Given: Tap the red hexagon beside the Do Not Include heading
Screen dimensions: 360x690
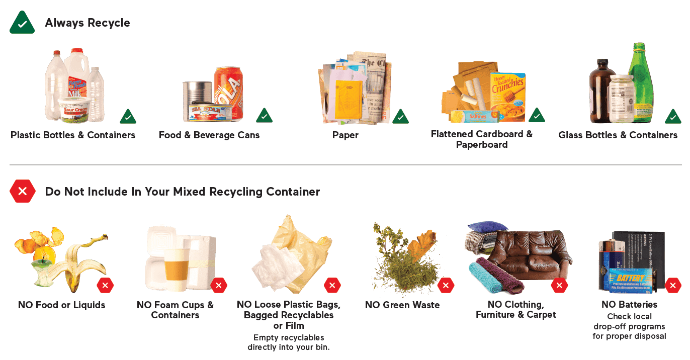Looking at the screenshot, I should [22, 191].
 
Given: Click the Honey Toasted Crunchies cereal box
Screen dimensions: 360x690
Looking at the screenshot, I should [507, 96].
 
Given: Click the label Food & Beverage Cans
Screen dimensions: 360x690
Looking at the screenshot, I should [209, 135].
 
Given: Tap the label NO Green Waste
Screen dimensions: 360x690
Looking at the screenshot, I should [402, 305].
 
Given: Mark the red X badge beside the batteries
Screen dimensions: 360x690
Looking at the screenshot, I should [673, 286].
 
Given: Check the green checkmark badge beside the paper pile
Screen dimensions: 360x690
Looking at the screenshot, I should [400, 117].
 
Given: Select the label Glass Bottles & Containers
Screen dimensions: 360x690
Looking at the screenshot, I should [618, 135].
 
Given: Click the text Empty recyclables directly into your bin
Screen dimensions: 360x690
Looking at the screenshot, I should [289, 342].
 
